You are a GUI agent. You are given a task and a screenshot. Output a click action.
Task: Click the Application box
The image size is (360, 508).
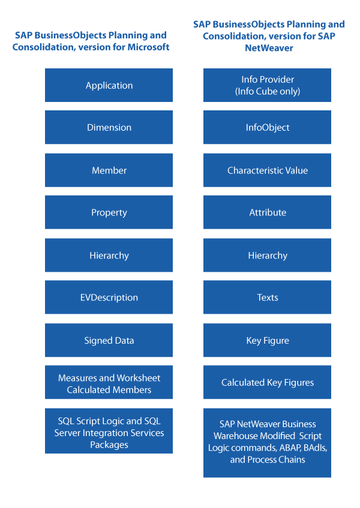point(109,85)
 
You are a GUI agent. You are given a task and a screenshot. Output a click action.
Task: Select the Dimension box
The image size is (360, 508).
point(109,127)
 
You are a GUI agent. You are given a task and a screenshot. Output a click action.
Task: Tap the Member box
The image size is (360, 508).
point(109,170)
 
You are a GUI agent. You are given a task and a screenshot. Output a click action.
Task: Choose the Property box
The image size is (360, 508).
point(109,212)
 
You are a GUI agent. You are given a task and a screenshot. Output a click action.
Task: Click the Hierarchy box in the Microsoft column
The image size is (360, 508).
point(109,255)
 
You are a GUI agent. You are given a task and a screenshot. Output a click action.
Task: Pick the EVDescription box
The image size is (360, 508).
point(109,297)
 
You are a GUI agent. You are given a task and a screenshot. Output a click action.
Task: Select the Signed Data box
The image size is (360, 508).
point(109,340)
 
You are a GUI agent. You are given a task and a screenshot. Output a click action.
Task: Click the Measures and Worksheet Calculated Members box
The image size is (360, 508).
point(109,382)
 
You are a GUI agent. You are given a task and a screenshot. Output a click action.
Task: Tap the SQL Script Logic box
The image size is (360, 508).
point(109,431)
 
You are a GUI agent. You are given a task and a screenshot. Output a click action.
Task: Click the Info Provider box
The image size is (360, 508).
point(268,85)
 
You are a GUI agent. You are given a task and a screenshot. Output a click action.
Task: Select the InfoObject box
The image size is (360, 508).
point(268,127)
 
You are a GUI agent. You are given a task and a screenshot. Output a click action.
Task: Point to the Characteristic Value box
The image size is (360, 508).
point(268,170)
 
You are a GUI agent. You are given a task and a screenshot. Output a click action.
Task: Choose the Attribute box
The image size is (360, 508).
point(268,212)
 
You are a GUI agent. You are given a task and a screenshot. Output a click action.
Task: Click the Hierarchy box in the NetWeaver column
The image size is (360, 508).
point(268,255)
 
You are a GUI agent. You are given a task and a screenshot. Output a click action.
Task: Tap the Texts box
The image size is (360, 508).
point(268,297)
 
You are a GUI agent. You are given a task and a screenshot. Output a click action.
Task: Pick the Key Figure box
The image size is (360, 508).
point(268,340)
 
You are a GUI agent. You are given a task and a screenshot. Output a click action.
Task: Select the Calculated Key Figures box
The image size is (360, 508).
point(268,382)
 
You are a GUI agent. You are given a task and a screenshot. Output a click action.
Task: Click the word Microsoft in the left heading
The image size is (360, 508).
point(148,47)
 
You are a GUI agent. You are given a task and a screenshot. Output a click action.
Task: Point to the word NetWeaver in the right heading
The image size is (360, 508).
point(269,48)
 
